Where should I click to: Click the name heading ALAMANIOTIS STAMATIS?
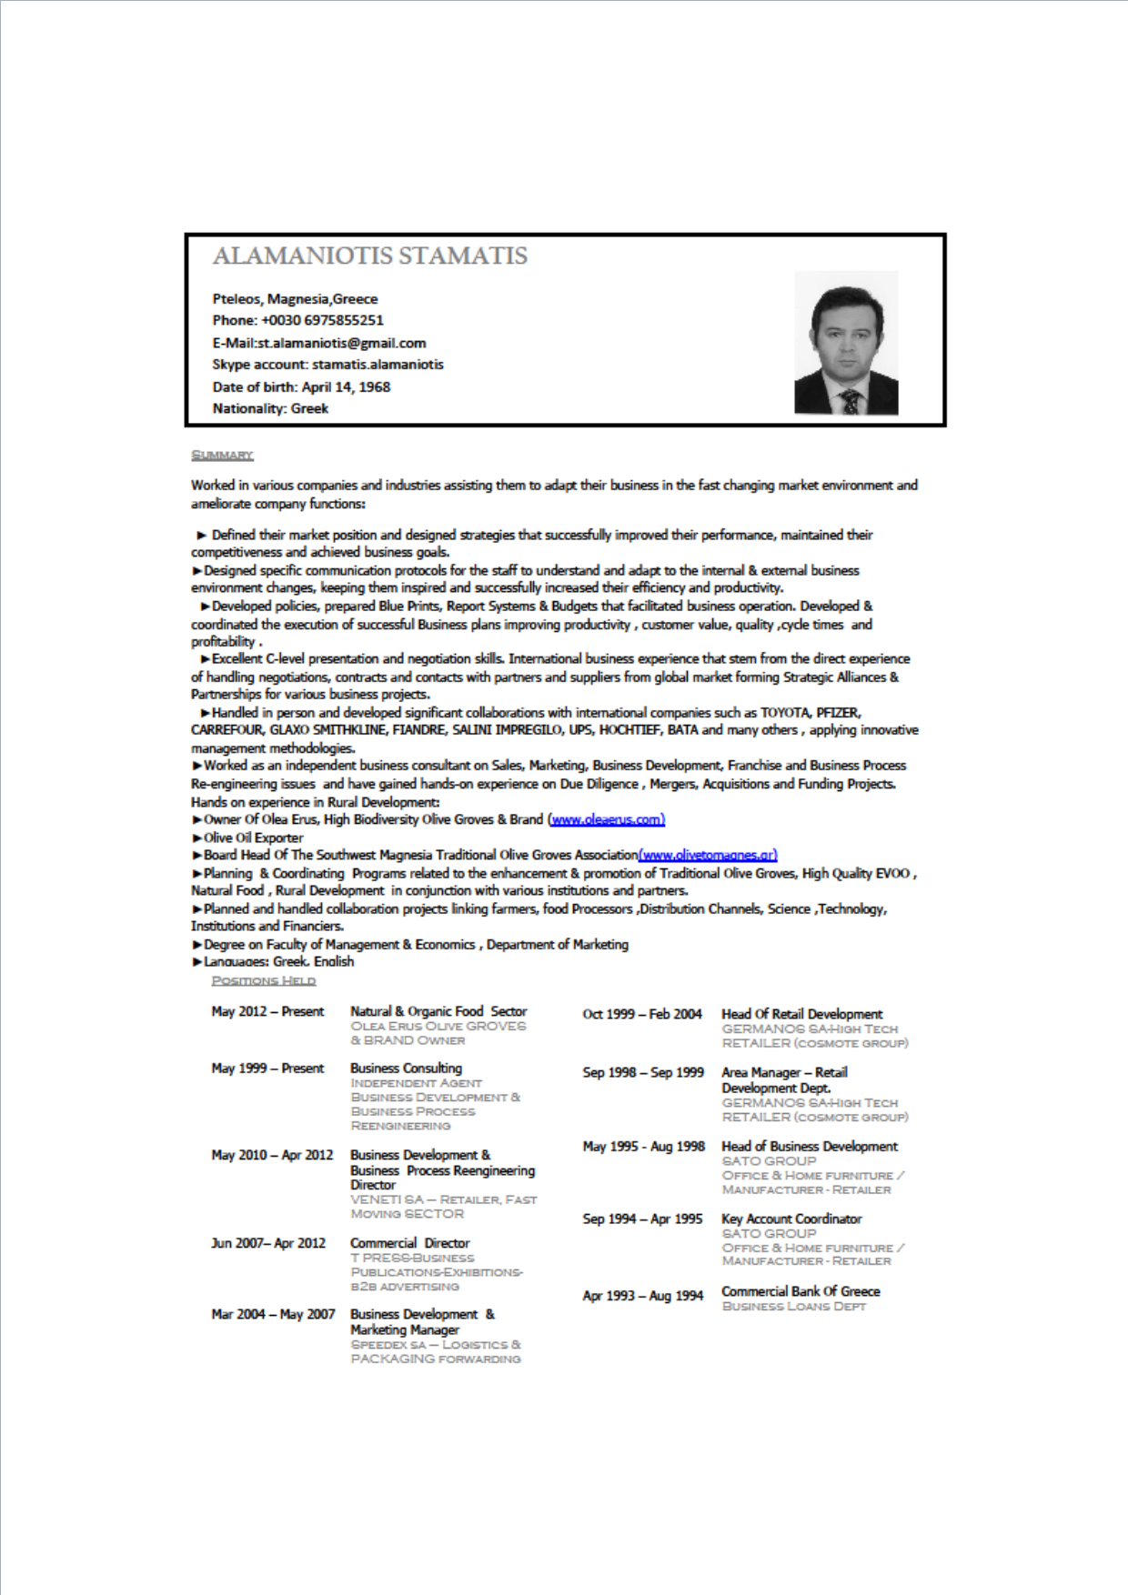369,256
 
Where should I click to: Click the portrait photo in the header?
846,343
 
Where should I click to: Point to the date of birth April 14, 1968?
346,386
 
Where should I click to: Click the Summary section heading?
222,455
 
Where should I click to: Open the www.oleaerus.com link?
607,819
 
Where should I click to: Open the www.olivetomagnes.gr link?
708,855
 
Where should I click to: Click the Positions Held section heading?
263,980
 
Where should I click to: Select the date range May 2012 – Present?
267,1011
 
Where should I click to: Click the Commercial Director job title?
409,1243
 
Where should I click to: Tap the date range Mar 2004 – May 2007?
273,1314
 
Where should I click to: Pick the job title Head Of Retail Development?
801,1014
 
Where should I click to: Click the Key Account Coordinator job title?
791,1219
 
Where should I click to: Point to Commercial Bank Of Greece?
801,1291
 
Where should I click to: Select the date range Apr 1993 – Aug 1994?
642,1296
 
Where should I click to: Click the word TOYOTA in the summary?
784,713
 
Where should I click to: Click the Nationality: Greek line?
270,408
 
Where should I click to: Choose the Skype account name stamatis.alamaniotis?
378,365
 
